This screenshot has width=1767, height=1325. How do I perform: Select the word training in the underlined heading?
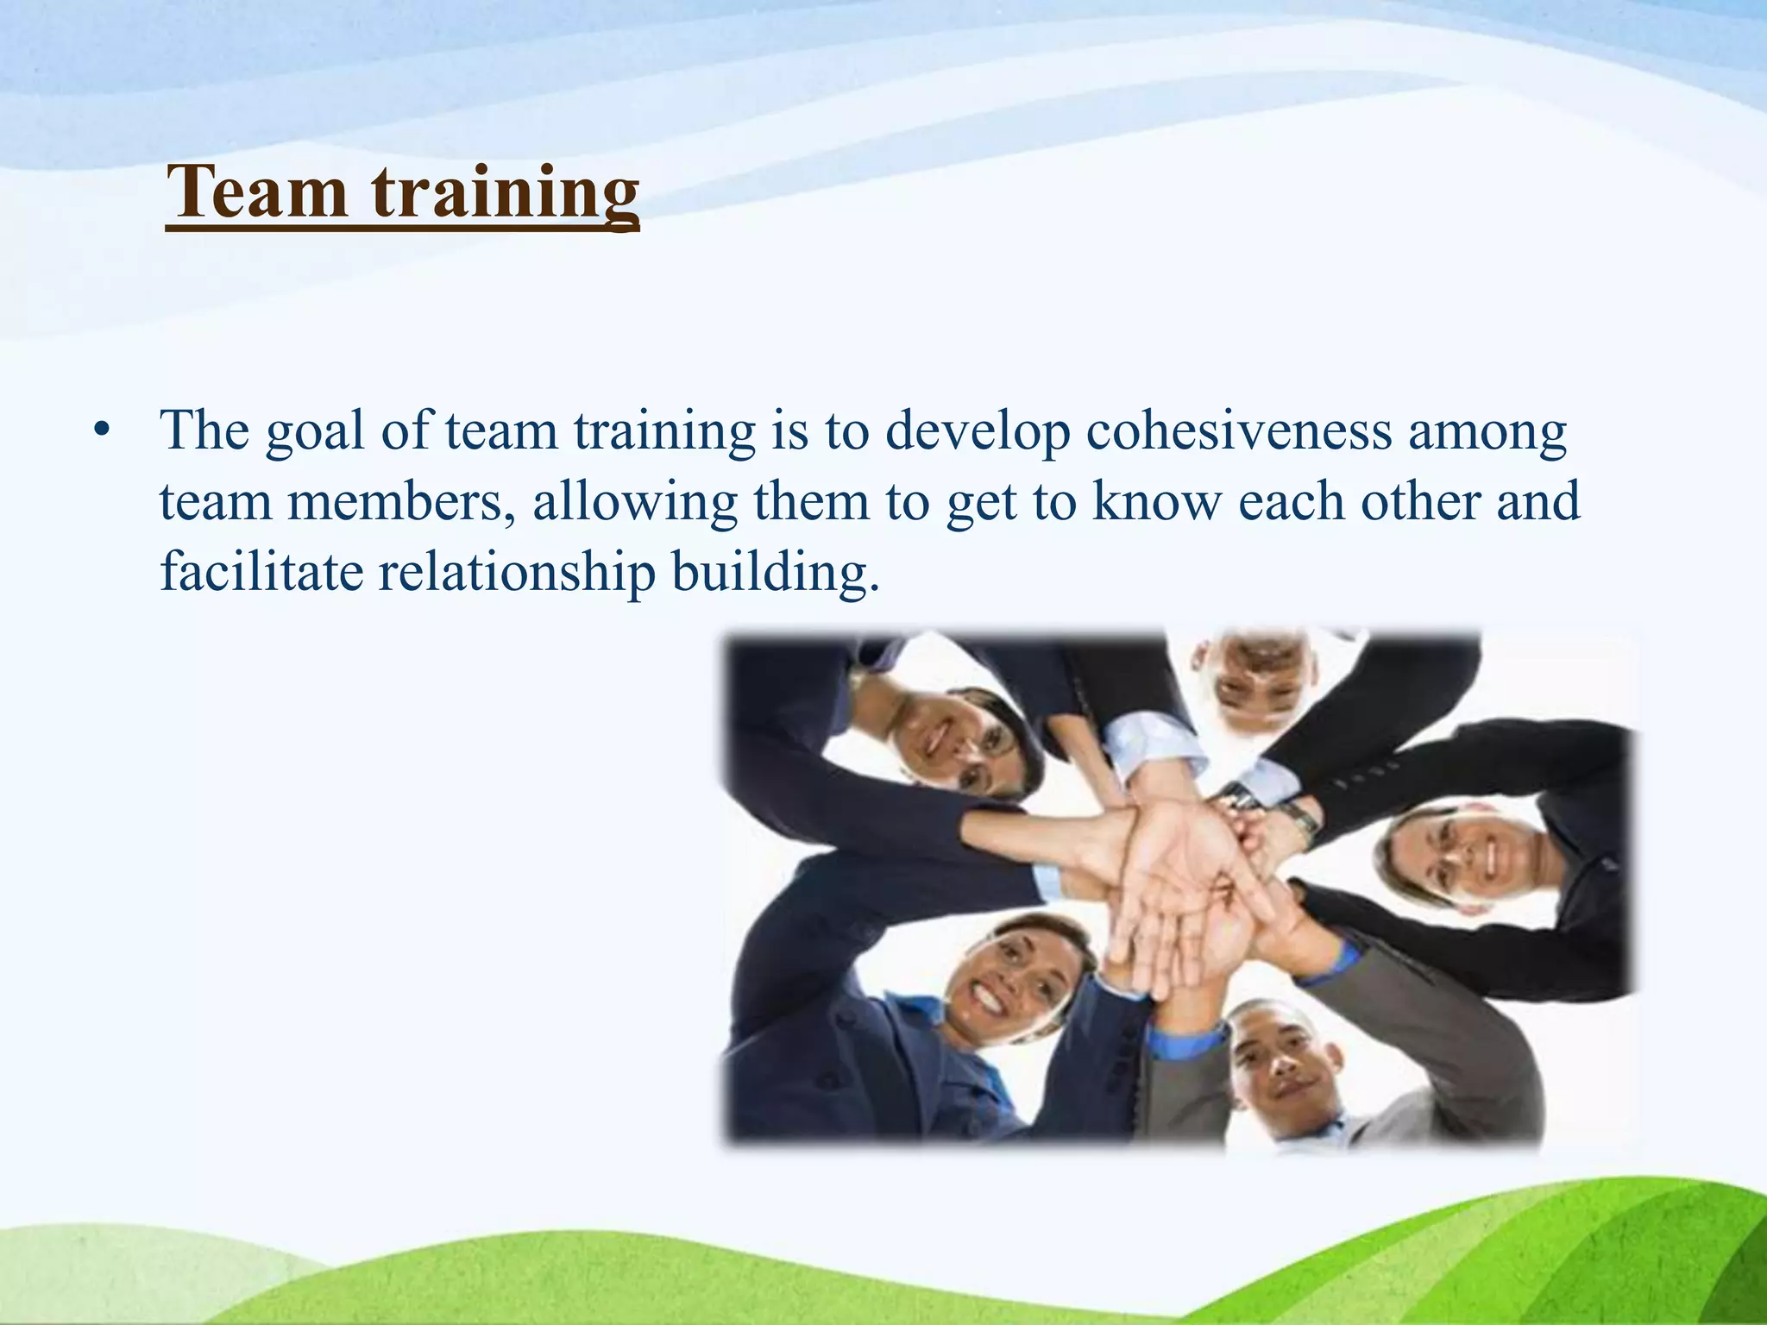[x=506, y=194]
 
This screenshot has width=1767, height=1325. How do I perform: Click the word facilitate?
[x=261, y=571]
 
